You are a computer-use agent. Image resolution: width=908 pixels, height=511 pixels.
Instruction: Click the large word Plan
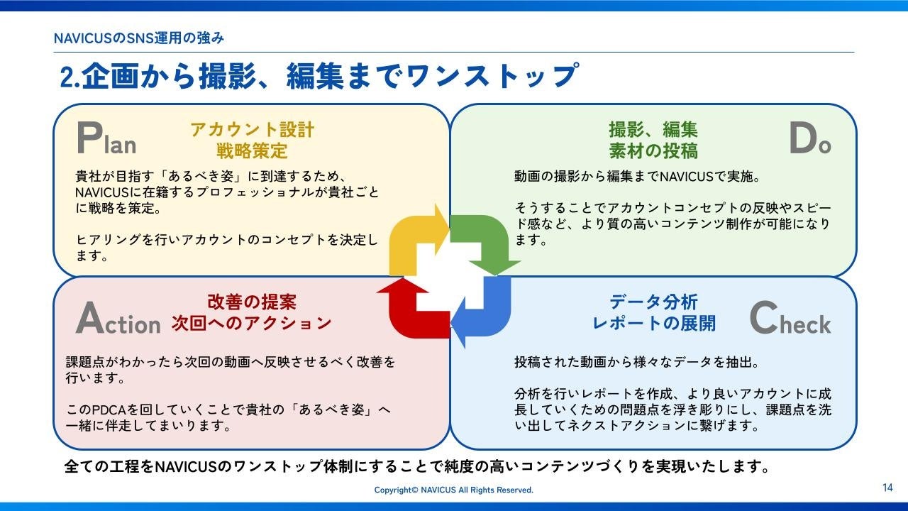click(x=106, y=139)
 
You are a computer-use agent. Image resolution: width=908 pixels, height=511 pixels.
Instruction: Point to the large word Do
click(x=809, y=139)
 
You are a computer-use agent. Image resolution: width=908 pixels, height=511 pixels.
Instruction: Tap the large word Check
click(x=790, y=320)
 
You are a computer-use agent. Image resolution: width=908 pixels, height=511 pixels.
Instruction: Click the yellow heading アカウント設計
click(x=252, y=130)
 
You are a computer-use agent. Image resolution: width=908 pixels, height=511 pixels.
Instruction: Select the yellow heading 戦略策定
click(x=252, y=150)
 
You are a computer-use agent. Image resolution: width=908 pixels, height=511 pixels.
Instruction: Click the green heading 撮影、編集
click(x=653, y=130)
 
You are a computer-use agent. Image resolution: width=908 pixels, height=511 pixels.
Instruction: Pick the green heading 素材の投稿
click(x=653, y=150)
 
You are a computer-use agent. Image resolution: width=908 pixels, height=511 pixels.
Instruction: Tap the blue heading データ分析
click(x=653, y=302)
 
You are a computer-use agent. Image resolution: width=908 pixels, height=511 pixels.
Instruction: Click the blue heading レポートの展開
click(x=653, y=324)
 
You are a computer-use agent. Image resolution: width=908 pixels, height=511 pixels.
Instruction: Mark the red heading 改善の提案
click(x=252, y=302)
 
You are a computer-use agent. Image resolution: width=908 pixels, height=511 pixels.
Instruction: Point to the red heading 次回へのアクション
click(x=252, y=324)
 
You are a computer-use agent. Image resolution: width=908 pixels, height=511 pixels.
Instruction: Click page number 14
click(x=887, y=488)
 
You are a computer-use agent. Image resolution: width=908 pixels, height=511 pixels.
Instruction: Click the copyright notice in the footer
click(x=454, y=490)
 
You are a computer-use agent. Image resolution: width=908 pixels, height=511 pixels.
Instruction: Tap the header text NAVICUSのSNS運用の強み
click(x=139, y=38)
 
